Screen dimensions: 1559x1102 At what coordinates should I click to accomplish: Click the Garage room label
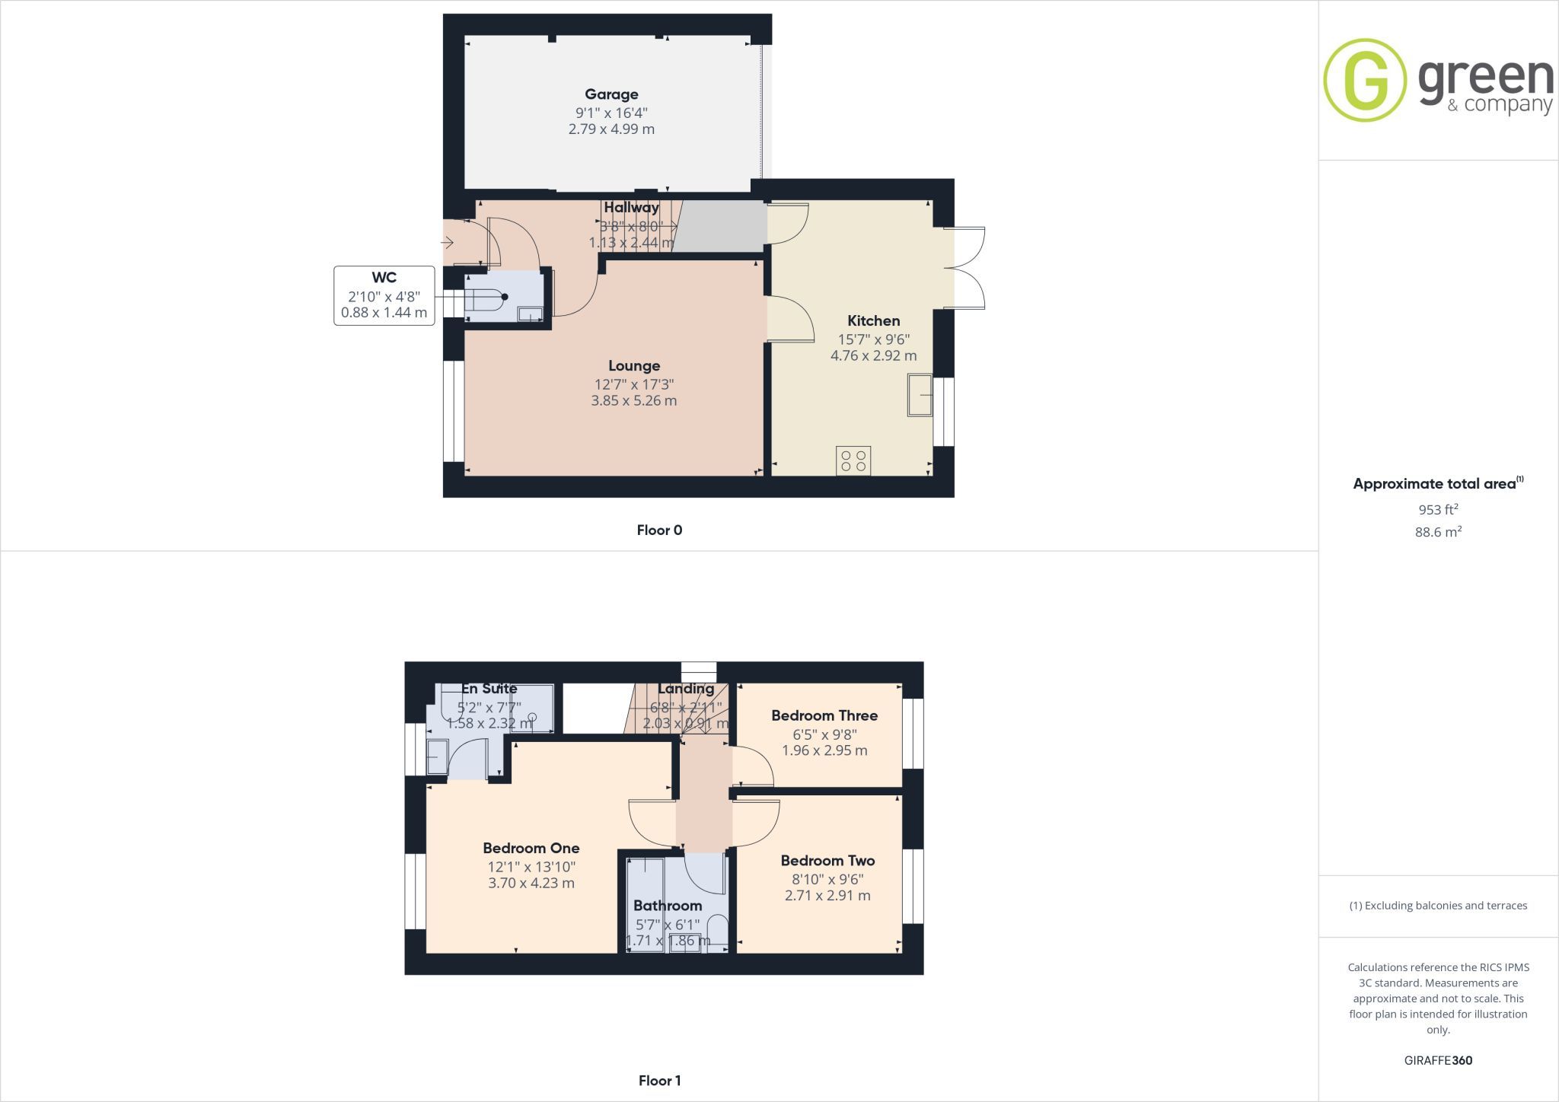[x=611, y=94]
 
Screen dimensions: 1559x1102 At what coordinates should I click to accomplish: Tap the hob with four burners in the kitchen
[x=853, y=460]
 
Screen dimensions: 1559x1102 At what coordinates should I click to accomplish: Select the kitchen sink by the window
[x=920, y=395]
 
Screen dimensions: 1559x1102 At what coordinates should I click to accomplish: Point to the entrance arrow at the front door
[x=447, y=243]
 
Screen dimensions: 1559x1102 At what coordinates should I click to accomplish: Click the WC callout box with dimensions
[x=384, y=295]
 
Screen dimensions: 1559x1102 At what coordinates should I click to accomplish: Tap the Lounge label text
[x=634, y=366]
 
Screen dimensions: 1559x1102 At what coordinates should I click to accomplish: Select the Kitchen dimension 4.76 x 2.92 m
[x=873, y=355]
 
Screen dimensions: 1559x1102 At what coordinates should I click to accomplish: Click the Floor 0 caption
[x=659, y=530]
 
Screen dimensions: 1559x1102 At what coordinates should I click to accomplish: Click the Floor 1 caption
[x=659, y=1081]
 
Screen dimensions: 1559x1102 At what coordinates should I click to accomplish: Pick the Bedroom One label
[x=531, y=848]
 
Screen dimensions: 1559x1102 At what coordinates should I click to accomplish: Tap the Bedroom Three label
[x=824, y=715]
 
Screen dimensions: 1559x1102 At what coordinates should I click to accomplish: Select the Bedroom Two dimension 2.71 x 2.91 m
[x=827, y=896]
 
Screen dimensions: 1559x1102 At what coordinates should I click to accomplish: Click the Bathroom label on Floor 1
[x=668, y=906]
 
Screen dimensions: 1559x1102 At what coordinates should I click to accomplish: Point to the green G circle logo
[x=1365, y=80]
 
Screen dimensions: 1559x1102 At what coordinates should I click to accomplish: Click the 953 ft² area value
[x=1438, y=509]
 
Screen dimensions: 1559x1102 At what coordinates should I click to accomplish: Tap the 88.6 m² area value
[x=1438, y=532]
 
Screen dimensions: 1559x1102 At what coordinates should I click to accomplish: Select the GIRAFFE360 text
[x=1438, y=1060]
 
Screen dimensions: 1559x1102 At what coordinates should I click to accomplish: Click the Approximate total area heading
[x=1438, y=483]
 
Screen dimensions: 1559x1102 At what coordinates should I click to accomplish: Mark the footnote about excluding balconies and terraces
[x=1438, y=906]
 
